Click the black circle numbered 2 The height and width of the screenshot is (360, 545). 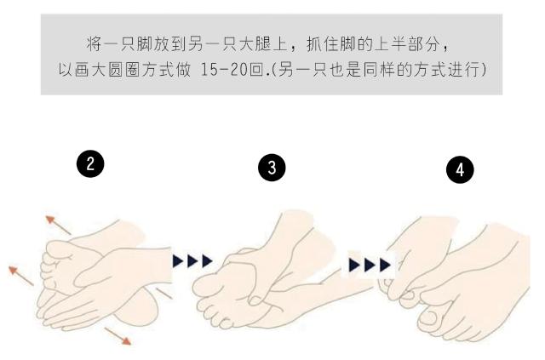(91, 165)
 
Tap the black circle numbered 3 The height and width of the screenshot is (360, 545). (272, 169)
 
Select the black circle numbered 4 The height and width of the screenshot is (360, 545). (460, 169)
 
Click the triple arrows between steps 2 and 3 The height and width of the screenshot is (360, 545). (192, 260)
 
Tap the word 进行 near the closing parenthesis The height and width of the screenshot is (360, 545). (467, 66)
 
